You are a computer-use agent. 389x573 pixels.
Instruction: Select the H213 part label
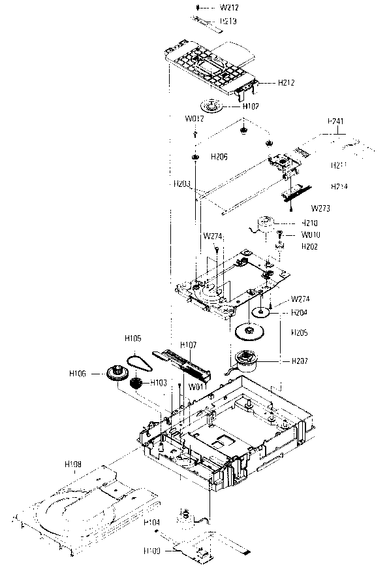[x=228, y=21]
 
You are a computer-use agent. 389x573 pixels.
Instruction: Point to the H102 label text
[x=251, y=106]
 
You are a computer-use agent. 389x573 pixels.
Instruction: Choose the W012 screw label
[x=194, y=119]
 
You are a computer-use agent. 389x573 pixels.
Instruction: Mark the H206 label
[x=219, y=157]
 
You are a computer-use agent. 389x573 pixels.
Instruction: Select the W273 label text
[x=320, y=209]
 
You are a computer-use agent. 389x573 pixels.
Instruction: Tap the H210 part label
[x=309, y=223]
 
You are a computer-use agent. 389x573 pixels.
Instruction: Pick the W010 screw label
[x=311, y=235]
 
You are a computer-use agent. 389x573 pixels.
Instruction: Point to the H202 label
[x=309, y=246]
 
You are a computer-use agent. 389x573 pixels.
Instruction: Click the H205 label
[x=300, y=333]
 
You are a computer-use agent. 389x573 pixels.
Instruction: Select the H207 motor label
[x=300, y=361]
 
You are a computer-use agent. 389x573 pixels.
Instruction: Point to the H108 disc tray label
[x=73, y=464]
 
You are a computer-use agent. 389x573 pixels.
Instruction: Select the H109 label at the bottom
[x=153, y=551]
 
